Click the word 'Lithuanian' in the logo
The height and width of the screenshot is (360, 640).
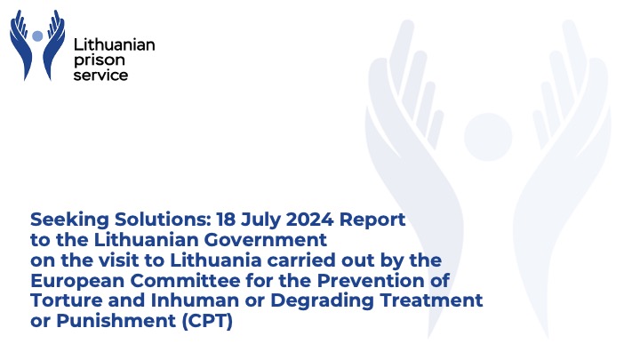115,44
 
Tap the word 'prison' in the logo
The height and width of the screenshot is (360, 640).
100,60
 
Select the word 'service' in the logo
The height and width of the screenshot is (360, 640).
100,75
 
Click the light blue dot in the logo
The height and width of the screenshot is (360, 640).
37,36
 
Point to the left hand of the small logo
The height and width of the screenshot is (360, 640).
20,45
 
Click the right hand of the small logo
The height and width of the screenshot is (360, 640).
54,45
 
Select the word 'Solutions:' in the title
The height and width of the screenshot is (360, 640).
163,220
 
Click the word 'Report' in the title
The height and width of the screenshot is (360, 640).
372,220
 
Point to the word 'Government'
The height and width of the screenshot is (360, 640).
265,240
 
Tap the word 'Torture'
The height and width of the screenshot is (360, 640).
67,300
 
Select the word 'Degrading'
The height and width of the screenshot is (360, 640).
322,301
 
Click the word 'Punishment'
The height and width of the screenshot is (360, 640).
116,321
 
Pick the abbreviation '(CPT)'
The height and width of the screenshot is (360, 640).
207,321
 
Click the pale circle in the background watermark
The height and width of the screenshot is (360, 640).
488,137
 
